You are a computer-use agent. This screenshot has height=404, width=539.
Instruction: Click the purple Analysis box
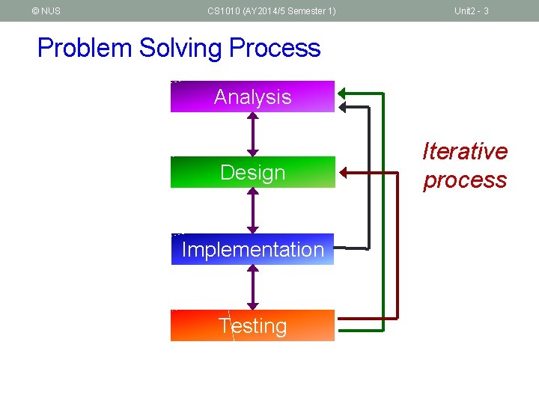pos(252,97)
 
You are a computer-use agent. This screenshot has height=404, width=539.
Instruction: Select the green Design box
pos(252,172)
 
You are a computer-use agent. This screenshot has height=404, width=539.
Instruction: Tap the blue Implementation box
pos(252,249)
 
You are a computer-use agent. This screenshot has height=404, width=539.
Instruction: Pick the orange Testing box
pos(252,325)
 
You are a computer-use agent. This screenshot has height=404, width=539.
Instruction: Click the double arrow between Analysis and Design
pos(253,135)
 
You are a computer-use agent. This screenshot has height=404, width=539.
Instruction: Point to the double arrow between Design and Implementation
pos(253,210)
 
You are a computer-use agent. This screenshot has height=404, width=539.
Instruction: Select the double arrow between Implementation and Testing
pos(253,287)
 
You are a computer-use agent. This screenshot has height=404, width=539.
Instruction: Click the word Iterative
pos(465,151)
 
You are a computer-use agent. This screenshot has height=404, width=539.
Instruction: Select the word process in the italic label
pos(465,180)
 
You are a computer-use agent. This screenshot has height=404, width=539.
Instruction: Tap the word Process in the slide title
pos(275,48)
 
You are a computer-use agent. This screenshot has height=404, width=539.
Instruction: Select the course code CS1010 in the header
pos(224,11)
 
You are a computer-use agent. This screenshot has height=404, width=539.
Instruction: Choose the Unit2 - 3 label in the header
pos(471,11)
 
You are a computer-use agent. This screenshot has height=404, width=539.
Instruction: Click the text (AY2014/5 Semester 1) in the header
pos(290,11)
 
